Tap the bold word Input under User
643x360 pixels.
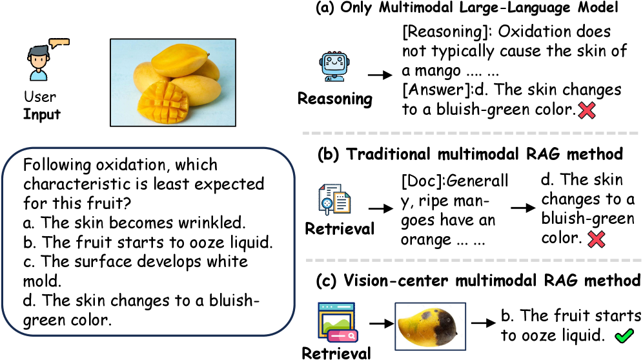[x=42, y=115]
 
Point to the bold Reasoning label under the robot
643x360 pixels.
[x=334, y=99]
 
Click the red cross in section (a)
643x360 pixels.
[x=586, y=110]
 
